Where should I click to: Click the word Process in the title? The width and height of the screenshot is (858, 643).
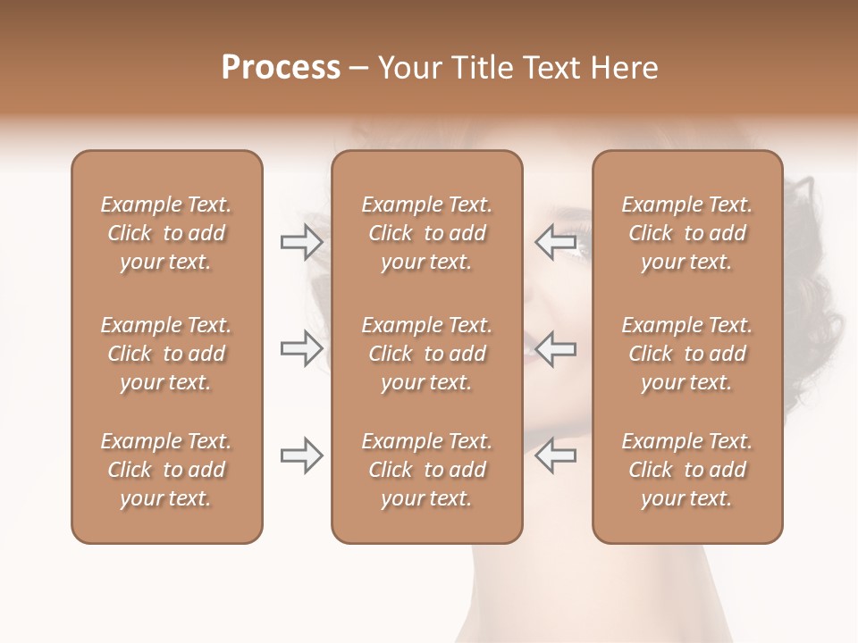[281, 68]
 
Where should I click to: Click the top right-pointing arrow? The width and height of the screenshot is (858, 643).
[301, 242]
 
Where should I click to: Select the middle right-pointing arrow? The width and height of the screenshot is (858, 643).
[301, 348]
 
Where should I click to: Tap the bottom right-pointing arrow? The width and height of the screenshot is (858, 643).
[301, 455]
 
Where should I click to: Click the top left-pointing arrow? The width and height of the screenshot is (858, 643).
[555, 242]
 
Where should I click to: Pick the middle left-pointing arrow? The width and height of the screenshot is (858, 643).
[555, 348]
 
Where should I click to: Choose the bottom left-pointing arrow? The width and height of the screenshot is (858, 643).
[555, 455]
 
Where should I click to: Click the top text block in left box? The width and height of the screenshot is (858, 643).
[166, 233]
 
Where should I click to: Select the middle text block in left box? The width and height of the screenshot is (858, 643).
[166, 354]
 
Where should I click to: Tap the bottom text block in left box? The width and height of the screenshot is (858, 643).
[166, 470]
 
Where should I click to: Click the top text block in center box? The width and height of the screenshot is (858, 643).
[426, 233]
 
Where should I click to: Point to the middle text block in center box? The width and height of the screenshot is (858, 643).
[426, 354]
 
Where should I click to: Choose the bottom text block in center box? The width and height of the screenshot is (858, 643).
[426, 470]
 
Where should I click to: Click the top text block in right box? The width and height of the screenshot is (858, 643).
[687, 233]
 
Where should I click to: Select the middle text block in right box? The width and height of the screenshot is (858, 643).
[687, 354]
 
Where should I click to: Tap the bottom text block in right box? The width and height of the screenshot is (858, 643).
[687, 470]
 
